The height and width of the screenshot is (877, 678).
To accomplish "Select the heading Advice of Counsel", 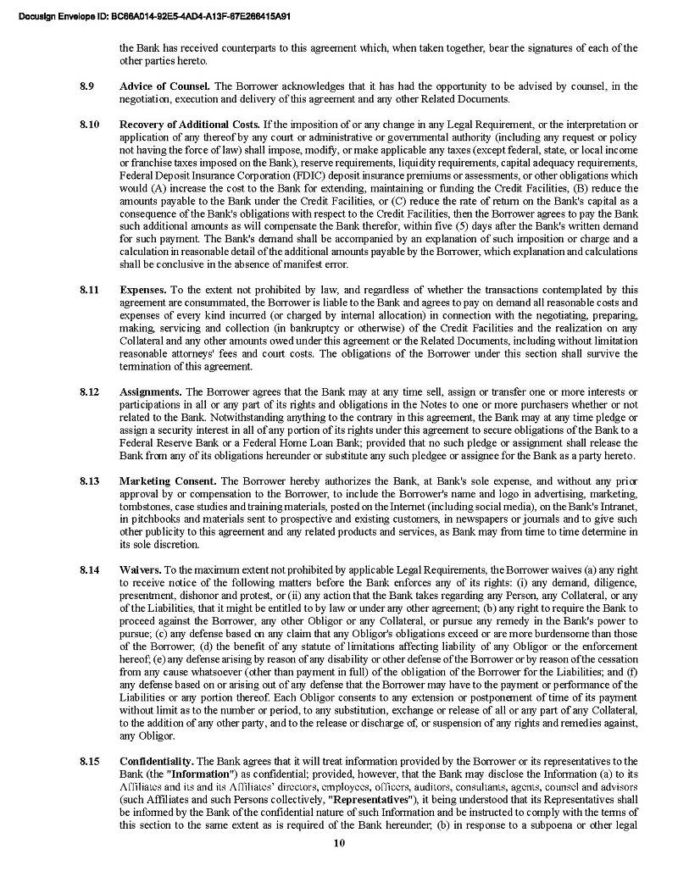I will coord(165,86).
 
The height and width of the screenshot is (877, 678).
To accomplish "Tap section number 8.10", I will coord(89,125).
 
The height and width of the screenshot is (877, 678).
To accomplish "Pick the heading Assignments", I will coord(151,392).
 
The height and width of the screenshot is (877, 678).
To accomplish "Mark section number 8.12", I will coord(89,392).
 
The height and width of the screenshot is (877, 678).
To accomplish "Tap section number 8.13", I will coord(89,481).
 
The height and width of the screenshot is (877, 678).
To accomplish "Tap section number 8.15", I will coord(89,761).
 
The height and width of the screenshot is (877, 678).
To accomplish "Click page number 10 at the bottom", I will coord(339,843).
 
